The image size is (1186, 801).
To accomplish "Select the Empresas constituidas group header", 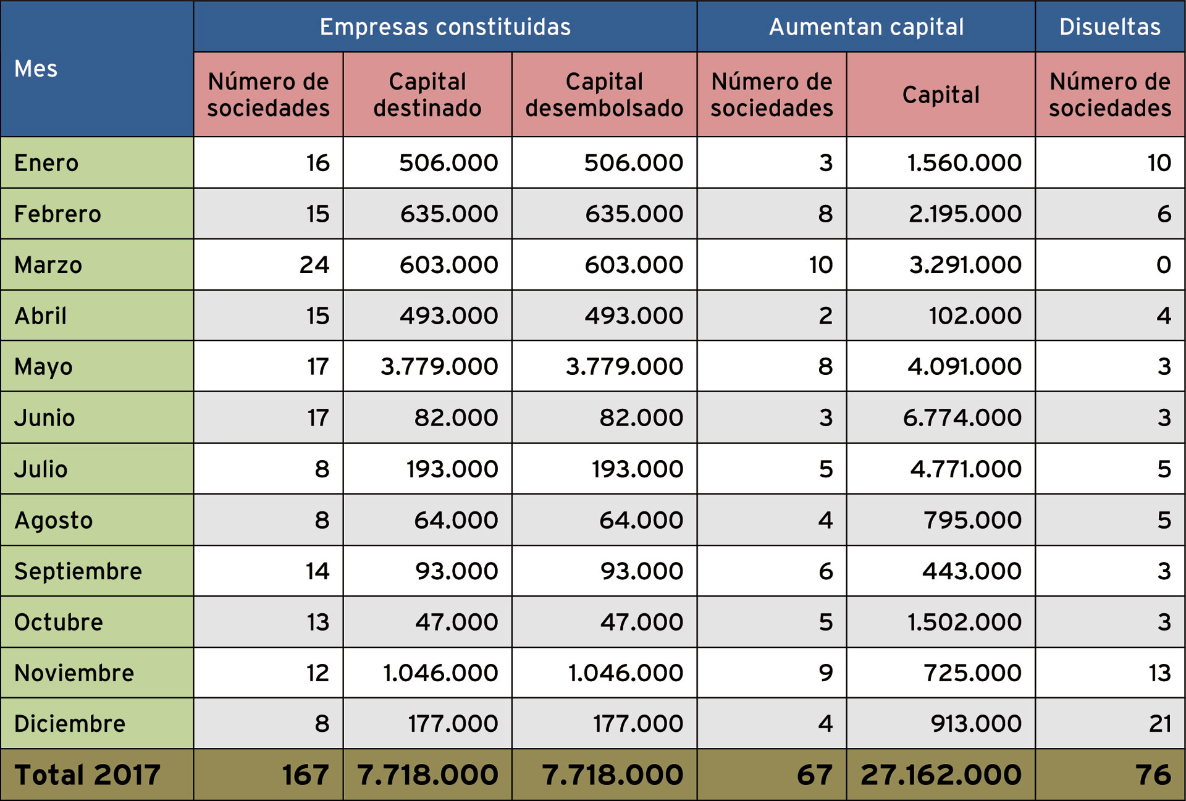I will (445, 27).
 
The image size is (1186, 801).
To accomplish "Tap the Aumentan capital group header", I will (866, 27).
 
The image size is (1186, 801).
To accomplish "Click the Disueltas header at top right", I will (1109, 27).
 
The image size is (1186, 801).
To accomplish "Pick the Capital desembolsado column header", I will (604, 94).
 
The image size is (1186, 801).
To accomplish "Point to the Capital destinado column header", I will (427, 94).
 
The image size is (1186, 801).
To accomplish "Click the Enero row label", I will (46, 163).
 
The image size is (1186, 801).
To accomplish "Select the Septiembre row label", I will (78, 571).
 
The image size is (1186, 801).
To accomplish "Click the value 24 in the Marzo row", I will (314, 265).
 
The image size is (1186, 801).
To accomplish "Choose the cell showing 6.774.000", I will (962, 418).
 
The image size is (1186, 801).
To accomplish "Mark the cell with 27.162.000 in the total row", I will (941, 775).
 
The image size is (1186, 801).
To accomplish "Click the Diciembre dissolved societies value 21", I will (1159, 724).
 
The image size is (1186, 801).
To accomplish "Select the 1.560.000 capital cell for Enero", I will (964, 163).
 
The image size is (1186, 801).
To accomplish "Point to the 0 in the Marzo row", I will (1163, 265).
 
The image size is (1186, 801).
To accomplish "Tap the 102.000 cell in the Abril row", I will (975, 316).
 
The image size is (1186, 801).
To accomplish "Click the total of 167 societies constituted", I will (305, 775).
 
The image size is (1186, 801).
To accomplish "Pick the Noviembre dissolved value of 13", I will (1159, 673).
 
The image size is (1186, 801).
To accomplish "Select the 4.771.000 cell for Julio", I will (965, 469).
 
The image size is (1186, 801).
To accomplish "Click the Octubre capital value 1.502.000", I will (964, 622).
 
